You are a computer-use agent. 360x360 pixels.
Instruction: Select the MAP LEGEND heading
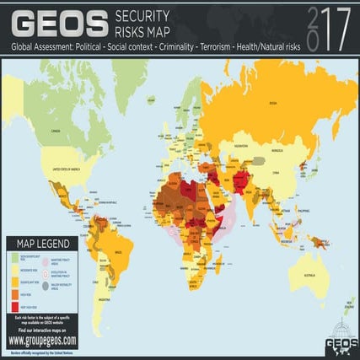point(44,244)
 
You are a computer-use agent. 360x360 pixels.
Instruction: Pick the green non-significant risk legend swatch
point(18,260)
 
